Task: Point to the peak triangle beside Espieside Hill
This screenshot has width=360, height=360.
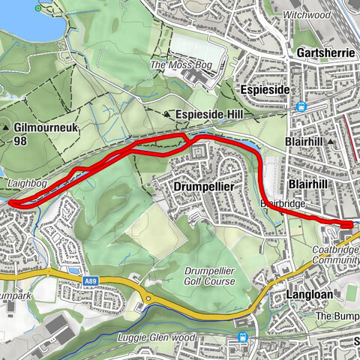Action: pos(166,114)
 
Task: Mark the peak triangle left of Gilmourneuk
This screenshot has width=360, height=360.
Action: pos(7,128)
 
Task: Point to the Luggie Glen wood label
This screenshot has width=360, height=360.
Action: pos(157,337)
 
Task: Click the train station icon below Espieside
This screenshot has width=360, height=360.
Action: pos(301,106)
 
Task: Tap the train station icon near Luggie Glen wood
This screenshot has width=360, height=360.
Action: pos(241,337)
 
